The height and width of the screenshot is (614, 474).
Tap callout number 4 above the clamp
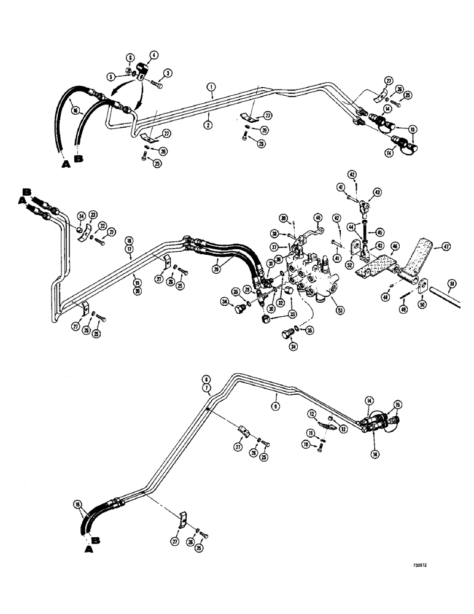pyautogui.click(x=153, y=55)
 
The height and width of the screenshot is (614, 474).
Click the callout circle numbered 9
pyautogui.click(x=276, y=405)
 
